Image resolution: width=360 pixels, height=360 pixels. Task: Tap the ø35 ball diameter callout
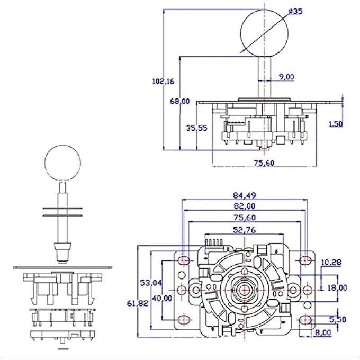tap(295, 12)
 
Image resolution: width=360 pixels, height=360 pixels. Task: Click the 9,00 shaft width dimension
tap(286, 77)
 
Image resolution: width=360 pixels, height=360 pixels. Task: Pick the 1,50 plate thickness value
tap(335, 123)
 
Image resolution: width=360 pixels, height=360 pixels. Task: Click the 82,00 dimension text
tap(244, 206)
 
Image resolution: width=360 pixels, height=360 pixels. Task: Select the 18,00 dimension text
tap(337, 287)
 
